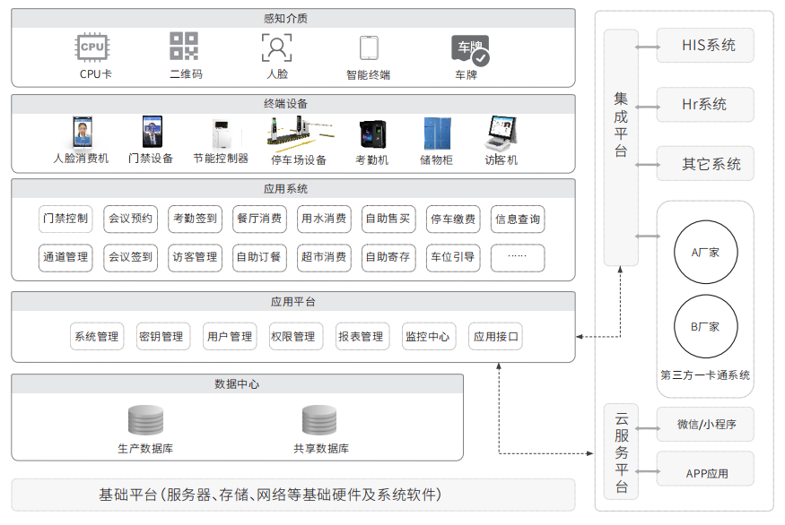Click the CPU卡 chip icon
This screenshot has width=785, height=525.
tap(92, 47)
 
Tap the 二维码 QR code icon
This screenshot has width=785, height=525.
tap(184, 47)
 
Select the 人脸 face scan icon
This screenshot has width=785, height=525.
tap(276, 47)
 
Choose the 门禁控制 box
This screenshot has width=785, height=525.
tap(65, 218)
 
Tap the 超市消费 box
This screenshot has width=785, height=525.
tap(324, 257)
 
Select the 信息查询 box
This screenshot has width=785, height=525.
tap(518, 218)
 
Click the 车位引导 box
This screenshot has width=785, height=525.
tap(452, 257)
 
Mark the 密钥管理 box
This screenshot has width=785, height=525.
tap(161, 337)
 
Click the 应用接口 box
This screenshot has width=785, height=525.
tap(496, 337)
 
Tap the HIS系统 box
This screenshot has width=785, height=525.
tap(705, 46)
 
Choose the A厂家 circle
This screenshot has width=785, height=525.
tap(705, 253)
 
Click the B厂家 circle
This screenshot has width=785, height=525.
tap(705, 326)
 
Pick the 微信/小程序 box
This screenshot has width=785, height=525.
tap(705, 425)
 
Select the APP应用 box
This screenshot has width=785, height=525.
tap(705, 473)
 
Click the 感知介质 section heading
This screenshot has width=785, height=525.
tap(293, 18)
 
